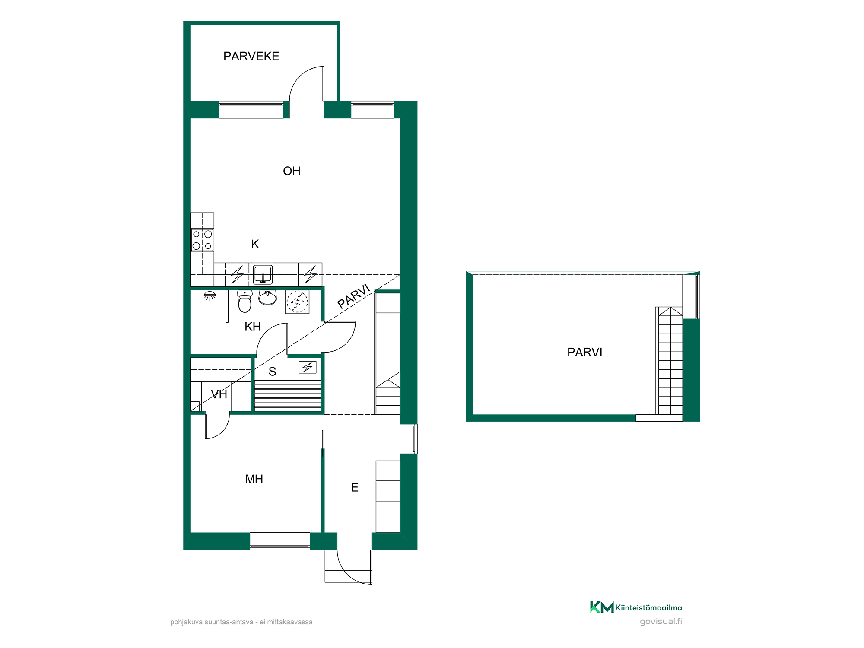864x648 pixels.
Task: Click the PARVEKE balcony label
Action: (x=251, y=56)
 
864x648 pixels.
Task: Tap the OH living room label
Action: (x=292, y=171)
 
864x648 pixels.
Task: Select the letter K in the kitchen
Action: (x=255, y=244)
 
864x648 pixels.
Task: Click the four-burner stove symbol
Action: (x=202, y=240)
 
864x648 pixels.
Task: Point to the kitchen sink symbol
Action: (x=263, y=274)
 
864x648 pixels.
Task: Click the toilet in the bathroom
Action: (x=245, y=301)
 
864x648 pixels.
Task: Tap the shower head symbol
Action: (x=210, y=296)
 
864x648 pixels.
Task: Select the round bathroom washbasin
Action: (x=267, y=297)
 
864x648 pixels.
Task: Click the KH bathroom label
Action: (x=253, y=327)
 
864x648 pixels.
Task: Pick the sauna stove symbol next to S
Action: (x=307, y=367)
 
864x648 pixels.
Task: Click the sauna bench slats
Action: (x=288, y=396)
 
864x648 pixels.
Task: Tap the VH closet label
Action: (x=219, y=394)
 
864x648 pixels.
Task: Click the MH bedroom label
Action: (x=254, y=479)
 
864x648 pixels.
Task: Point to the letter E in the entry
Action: (x=355, y=487)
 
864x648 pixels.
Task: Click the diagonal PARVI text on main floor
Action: (x=354, y=296)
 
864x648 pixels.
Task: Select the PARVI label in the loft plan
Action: (x=584, y=352)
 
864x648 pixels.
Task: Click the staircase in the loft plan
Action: (x=669, y=361)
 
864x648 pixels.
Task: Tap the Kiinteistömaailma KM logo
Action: (x=636, y=607)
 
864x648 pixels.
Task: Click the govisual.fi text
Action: (x=661, y=622)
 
